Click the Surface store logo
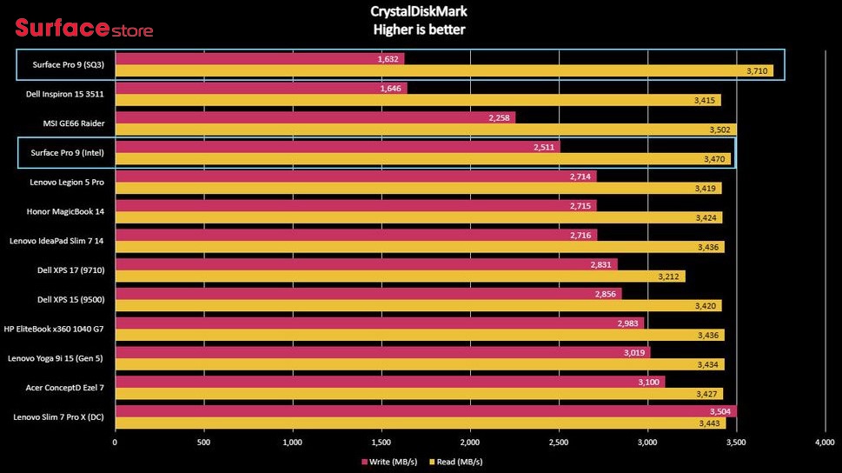tap(83, 28)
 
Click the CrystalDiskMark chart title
tap(419, 11)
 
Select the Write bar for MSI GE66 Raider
tap(315, 117)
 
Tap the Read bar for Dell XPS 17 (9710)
tap(400, 276)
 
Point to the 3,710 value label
tap(757, 71)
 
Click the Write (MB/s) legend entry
tap(389, 462)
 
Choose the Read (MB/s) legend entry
tap(456, 462)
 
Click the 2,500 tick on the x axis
tap(559, 443)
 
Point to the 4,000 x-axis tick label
tap(825, 443)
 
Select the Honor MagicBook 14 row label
tap(65, 212)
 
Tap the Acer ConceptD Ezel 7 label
tap(65, 388)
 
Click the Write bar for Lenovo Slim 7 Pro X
tap(426, 411)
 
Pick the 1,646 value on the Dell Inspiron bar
tap(390, 88)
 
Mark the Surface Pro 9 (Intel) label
tap(67, 153)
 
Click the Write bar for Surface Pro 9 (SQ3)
tap(260, 58)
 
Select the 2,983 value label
tap(627, 323)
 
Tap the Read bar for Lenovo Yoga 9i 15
tap(420, 364)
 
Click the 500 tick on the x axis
tap(203, 443)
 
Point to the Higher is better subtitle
tap(419, 30)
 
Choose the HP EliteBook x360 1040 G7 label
tap(54, 329)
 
